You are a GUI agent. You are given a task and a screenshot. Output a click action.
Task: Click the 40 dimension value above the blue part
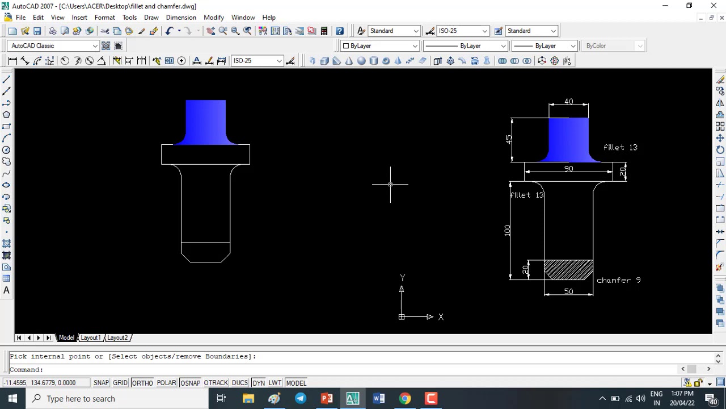pos(568,101)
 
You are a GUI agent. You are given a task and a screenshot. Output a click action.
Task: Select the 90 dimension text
pos(568,169)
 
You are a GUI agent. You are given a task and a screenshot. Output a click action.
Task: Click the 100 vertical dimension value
pos(507,230)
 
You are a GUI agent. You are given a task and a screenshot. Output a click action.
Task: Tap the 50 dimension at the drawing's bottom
pos(568,291)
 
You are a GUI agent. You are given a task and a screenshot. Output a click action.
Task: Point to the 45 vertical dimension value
pos(509,140)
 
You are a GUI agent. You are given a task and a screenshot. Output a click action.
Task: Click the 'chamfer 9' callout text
pos(618,280)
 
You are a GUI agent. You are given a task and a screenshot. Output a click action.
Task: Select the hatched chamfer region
pos(568,269)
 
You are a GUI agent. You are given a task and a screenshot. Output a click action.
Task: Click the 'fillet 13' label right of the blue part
pos(621,147)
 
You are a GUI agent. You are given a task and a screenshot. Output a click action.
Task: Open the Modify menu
pos(214,18)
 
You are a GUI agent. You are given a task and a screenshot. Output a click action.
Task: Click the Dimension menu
pos(181,18)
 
